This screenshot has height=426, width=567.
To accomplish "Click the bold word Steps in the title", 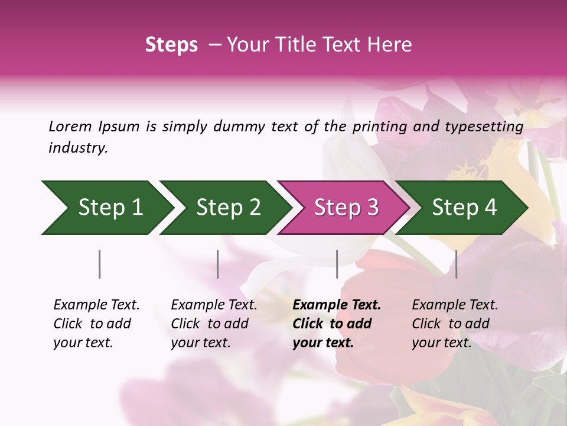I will coord(171,45).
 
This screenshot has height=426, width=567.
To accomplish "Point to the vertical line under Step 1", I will coord(100,264).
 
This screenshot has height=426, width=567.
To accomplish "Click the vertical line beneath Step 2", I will coord(218,264).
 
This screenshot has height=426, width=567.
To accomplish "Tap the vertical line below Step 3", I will coord(337,264).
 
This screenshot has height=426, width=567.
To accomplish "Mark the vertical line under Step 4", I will coord(456,264).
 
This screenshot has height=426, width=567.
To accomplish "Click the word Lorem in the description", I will coord(70,126).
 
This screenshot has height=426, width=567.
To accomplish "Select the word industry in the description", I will coord(78,148).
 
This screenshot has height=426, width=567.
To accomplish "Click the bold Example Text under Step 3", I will coord(337,305).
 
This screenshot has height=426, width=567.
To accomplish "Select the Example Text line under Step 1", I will coord(96,305).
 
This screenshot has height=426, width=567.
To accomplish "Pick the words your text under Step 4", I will coord(442,343).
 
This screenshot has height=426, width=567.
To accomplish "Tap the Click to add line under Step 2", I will coord(210,324).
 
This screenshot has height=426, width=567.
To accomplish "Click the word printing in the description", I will coord(380,127).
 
